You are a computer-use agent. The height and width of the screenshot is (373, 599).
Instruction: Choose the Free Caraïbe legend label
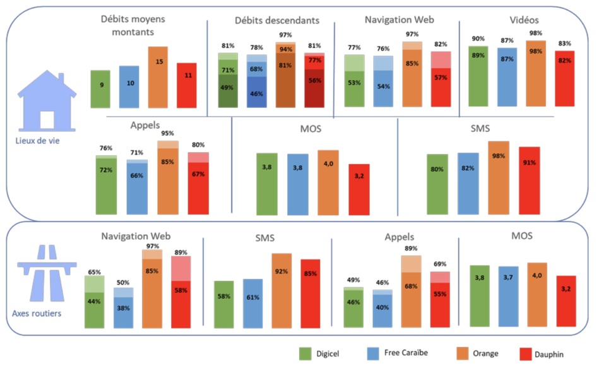tap(406, 353)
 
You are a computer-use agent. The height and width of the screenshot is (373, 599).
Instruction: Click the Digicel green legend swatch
tap(307, 353)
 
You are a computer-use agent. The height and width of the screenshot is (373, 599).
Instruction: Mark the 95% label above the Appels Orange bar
tap(167, 134)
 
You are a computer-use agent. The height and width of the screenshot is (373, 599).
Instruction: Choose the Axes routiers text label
tap(37, 312)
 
